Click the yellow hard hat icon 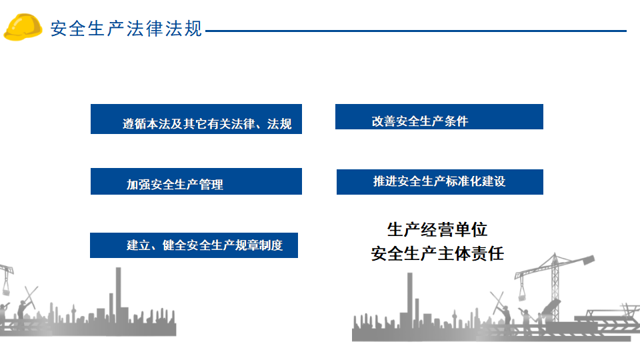(x=23, y=27)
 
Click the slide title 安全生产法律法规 (x=126, y=29)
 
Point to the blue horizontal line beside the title (x=416, y=31)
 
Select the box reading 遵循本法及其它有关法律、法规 (x=196, y=119)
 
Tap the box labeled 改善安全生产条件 (x=439, y=117)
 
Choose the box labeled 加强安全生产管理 (x=196, y=181)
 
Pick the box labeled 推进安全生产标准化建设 (x=440, y=182)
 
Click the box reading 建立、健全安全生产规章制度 (x=194, y=245)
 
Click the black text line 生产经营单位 (x=437, y=230)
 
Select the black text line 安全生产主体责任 (x=437, y=254)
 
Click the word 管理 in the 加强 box (x=211, y=185)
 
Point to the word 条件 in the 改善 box (x=456, y=121)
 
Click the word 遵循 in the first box (x=134, y=124)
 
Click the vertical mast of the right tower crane (x=555, y=286)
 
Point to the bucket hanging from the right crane (x=522, y=293)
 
